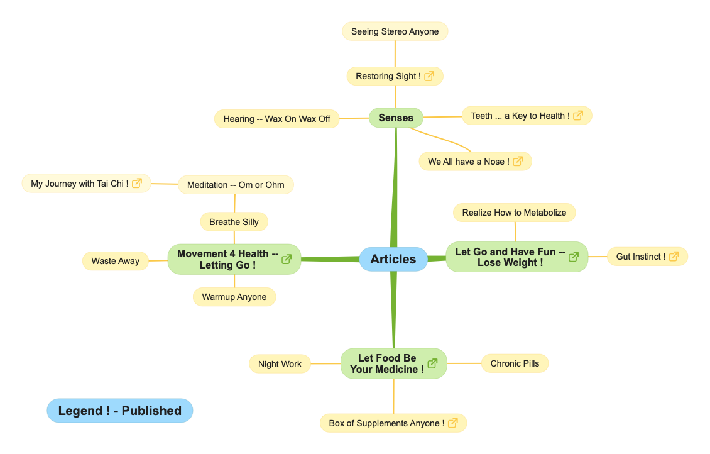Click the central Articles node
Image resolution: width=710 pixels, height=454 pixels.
[393, 259]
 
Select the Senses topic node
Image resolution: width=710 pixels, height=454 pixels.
[396, 118]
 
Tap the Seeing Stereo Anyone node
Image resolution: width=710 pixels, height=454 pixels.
[395, 31]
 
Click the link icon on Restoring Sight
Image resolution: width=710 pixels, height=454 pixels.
[429, 76]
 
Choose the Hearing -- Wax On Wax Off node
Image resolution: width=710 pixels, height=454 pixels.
[276, 119]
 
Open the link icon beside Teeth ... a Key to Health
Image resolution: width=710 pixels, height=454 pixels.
[578, 116]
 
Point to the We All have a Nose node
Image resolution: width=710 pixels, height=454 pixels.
[469, 162]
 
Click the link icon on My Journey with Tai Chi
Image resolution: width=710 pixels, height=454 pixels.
[137, 184]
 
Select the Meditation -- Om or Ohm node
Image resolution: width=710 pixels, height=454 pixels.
[236, 185]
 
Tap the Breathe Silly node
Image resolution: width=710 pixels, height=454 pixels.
[234, 222]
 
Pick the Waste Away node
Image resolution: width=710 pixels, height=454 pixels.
[116, 261]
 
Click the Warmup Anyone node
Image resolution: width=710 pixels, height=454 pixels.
[234, 297]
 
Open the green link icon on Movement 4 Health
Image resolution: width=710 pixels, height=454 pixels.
[287, 259]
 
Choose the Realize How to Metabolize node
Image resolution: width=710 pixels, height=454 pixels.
[514, 213]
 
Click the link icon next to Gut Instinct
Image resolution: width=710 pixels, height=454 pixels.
[674, 257]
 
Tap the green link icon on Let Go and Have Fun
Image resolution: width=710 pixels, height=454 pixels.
[574, 257]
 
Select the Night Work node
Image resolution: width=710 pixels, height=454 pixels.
[280, 364]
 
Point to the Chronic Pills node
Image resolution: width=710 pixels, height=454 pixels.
[515, 363]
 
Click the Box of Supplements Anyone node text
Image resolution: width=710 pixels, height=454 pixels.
[386, 423]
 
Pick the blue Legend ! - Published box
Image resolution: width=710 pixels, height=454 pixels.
[120, 411]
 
